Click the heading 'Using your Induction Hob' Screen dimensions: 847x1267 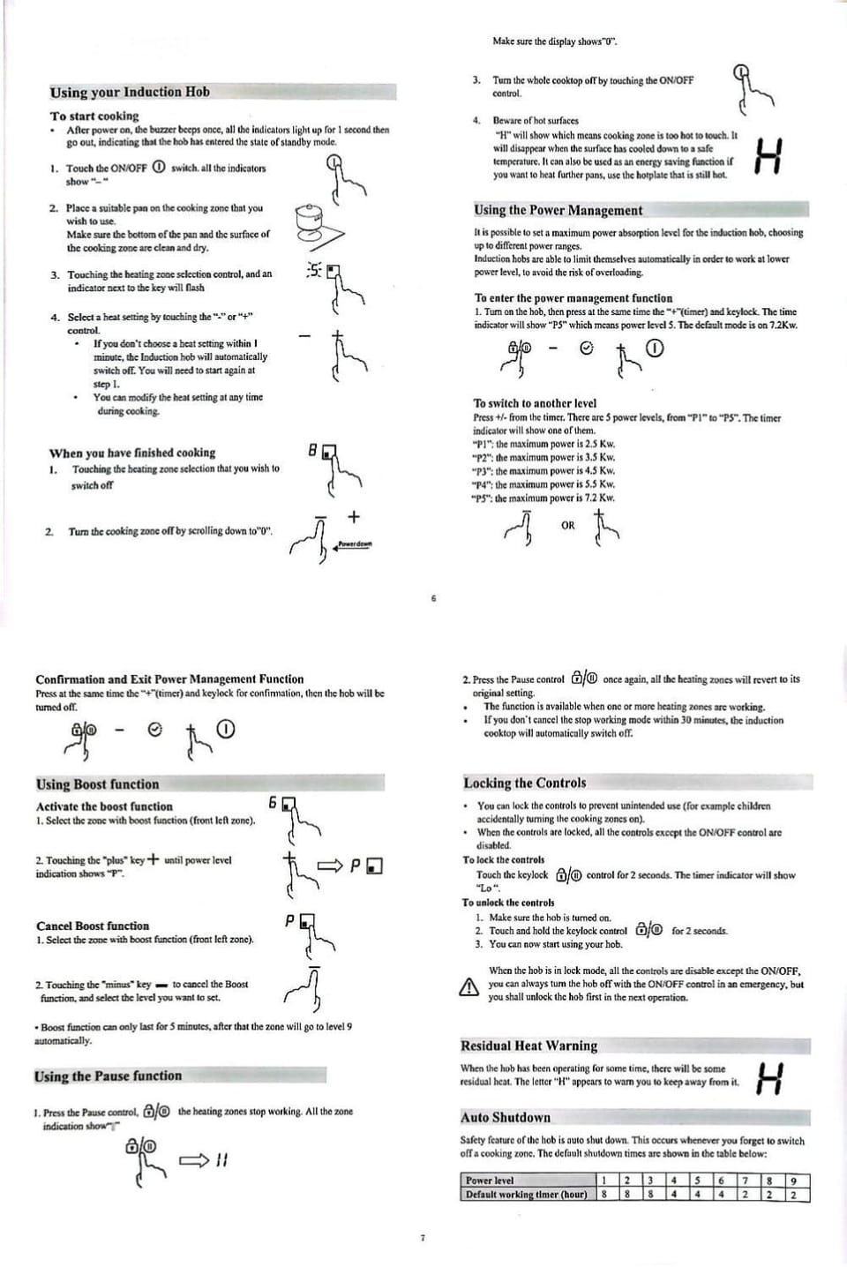tap(130, 92)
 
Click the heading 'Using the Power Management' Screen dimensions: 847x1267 tap(558, 210)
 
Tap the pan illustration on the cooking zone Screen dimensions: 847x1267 tap(319, 226)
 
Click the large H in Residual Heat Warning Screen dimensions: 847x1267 tap(770, 1077)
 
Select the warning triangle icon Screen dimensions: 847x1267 tap(468, 987)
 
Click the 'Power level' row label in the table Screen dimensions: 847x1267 tap(490, 1181)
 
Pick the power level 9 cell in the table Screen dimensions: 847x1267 tap(792, 1181)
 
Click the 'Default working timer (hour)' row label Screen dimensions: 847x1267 tap(526, 1194)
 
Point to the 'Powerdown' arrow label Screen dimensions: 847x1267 tap(355, 544)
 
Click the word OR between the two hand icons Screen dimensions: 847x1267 tap(567, 525)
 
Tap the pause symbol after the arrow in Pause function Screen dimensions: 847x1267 tap(221, 1160)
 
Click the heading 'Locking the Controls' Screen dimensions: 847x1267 tap(524, 783)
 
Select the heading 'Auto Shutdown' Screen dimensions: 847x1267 tap(506, 1117)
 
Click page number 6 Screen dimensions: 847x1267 tap(433, 598)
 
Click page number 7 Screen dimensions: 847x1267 tap(422, 1238)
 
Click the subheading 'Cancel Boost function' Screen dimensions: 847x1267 tap(93, 926)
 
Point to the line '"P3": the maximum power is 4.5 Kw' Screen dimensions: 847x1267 tap(543, 470)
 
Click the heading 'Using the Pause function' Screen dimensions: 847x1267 tap(108, 1076)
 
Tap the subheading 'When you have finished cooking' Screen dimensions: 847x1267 tap(132, 453)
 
